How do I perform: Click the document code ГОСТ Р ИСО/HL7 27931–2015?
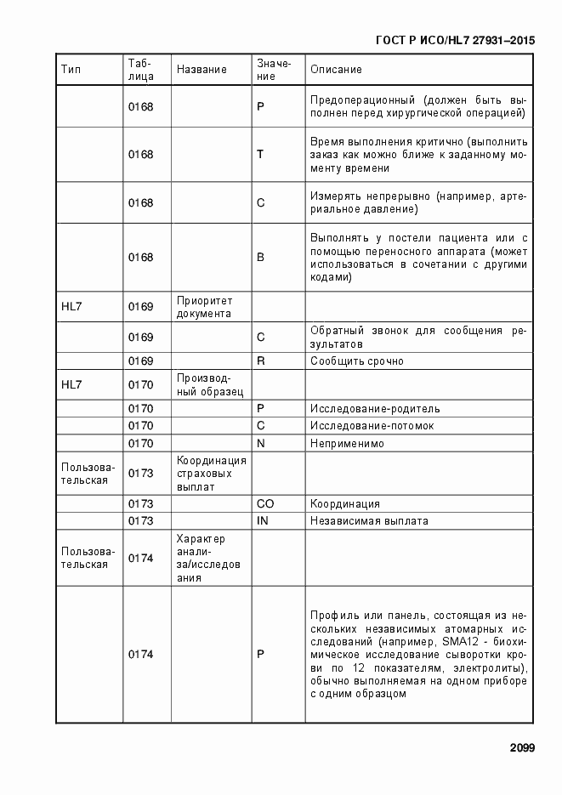coord(455,39)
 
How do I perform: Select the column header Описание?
coord(336,69)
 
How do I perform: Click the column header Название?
coord(202,69)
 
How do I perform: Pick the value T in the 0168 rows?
coord(260,154)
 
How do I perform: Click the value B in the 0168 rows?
coord(260,256)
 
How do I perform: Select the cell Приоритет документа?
coord(204,307)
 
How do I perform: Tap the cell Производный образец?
coord(209,385)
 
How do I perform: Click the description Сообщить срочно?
coord(356,361)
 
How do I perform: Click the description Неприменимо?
coord(347,443)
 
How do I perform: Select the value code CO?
coord(264,503)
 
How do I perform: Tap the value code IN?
coord(262,520)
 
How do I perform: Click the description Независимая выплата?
coord(369,520)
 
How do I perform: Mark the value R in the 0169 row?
coord(261,361)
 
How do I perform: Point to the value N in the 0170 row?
coord(261,443)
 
